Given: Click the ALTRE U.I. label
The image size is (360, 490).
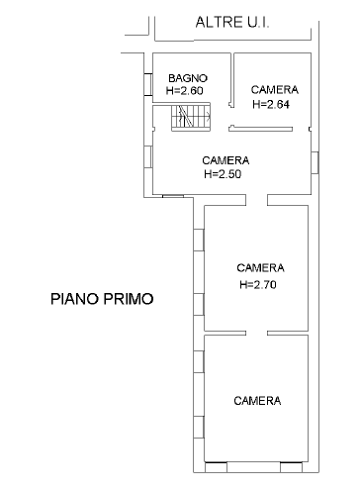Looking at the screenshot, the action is coord(232,23).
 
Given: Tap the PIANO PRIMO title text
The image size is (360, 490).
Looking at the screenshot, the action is coord(102,299).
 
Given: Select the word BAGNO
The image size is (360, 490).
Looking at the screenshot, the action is coord(188,78).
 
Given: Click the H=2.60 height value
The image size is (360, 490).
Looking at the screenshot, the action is coord(184,90).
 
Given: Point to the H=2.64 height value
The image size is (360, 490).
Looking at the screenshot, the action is coord(271,104).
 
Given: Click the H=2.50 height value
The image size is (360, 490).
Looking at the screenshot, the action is coord(223,174).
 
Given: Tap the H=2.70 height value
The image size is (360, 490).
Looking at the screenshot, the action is coord(258,284).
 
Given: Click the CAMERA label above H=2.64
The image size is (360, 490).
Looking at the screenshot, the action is coord(275,90).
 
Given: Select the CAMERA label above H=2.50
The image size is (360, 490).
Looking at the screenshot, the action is coord(225,160).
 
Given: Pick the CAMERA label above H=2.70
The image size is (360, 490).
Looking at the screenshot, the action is coord(260,267).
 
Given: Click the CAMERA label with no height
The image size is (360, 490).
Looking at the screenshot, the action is coord(257,401).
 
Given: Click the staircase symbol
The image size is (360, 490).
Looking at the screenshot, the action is coord(191,118).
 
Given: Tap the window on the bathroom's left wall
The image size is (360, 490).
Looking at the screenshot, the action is coord(148,84).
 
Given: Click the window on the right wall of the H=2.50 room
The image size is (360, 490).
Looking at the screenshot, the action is coord(315,162).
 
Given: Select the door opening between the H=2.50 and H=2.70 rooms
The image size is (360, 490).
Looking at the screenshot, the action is coord(256,200).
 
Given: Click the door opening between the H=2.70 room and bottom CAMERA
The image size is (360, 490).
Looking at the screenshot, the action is coord(256,333).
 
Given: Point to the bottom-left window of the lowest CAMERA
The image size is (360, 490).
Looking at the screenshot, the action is coord(216,467).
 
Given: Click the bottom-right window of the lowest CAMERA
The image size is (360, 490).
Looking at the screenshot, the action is coord(291,467).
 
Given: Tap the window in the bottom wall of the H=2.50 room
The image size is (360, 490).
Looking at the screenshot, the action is coord(173,196).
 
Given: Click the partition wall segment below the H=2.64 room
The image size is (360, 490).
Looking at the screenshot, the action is coord(261,129).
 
